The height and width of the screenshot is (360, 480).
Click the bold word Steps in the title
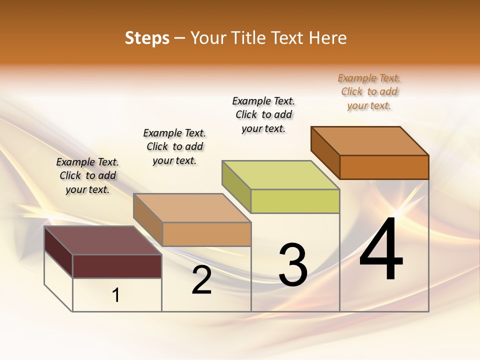tap(147, 38)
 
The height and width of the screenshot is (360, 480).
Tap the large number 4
tap(381, 250)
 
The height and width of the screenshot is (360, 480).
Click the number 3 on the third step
tap(293, 265)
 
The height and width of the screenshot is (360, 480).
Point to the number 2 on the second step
tap(202, 280)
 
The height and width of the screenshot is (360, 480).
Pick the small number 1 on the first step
tap(116, 295)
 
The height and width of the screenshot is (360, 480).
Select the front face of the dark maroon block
tap(117, 266)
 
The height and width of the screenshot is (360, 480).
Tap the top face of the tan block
tap(192, 208)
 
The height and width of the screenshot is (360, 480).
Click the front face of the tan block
tap(206, 234)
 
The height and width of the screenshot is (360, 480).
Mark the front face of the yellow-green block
tap(295, 201)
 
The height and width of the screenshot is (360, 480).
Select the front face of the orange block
tap(384, 167)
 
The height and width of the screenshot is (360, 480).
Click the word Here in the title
tap(327, 38)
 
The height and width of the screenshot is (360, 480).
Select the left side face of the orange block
tap(325, 152)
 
